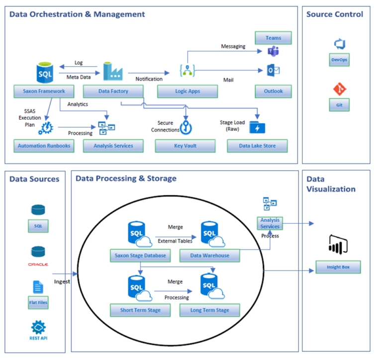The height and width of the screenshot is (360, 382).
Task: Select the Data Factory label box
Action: point(113,91)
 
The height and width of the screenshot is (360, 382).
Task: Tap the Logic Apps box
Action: point(187,91)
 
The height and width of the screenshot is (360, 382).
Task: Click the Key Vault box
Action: point(185,146)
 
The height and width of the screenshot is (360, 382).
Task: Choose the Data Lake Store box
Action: point(258,146)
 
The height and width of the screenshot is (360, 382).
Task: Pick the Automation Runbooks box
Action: point(44,146)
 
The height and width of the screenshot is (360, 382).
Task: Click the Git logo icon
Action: point(340,90)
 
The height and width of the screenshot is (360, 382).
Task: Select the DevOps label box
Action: point(339,60)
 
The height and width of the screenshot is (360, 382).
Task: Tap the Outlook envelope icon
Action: point(273,70)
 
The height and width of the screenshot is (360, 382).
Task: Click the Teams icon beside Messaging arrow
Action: point(273,51)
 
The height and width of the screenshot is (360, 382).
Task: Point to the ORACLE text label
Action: point(38,265)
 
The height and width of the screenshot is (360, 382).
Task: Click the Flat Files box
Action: point(38,302)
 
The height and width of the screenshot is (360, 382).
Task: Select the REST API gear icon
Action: point(38,327)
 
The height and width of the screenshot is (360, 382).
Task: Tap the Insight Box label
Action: point(338,268)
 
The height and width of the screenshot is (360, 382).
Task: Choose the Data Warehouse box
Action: point(210,256)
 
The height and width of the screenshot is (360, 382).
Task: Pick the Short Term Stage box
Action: point(140,310)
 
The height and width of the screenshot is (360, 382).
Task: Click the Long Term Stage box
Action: point(209,310)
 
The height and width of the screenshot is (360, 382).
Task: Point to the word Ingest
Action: point(62,281)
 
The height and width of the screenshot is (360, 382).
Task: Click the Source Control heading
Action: point(334,14)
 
